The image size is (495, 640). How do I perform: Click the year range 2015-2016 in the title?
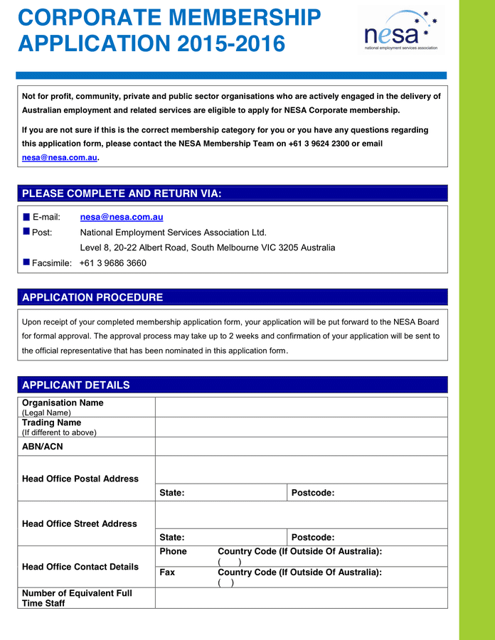click(x=231, y=44)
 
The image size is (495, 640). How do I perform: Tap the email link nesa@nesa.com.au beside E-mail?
click(x=122, y=217)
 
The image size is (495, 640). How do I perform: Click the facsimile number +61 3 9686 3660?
click(x=113, y=263)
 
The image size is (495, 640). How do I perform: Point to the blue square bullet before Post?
click(x=26, y=232)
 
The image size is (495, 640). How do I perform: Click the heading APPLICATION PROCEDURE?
click(x=92, y=297)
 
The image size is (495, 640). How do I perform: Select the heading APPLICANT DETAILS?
click(x=76, y=385)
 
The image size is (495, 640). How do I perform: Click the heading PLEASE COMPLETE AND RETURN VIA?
click(x=122, y=193)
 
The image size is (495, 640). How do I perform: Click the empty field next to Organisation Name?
click(x=301, y=407)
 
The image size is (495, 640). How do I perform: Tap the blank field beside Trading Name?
click(x=301, y=427)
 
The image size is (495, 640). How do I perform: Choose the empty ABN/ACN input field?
click(x=301, y=446)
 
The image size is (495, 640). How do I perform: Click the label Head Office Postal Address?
click(x=80, y=479)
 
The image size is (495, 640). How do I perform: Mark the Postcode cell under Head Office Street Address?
click(x=367, y=538)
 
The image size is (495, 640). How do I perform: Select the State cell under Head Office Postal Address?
click(x=221, y=493)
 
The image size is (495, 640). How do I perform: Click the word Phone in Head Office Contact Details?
click(x=173, y=552)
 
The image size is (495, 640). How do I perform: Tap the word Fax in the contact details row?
click(x=167, y=572)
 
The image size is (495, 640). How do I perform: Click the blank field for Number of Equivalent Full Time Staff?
click(x=301, y=598)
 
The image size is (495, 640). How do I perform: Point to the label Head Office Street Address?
click(x=80, y=523)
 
